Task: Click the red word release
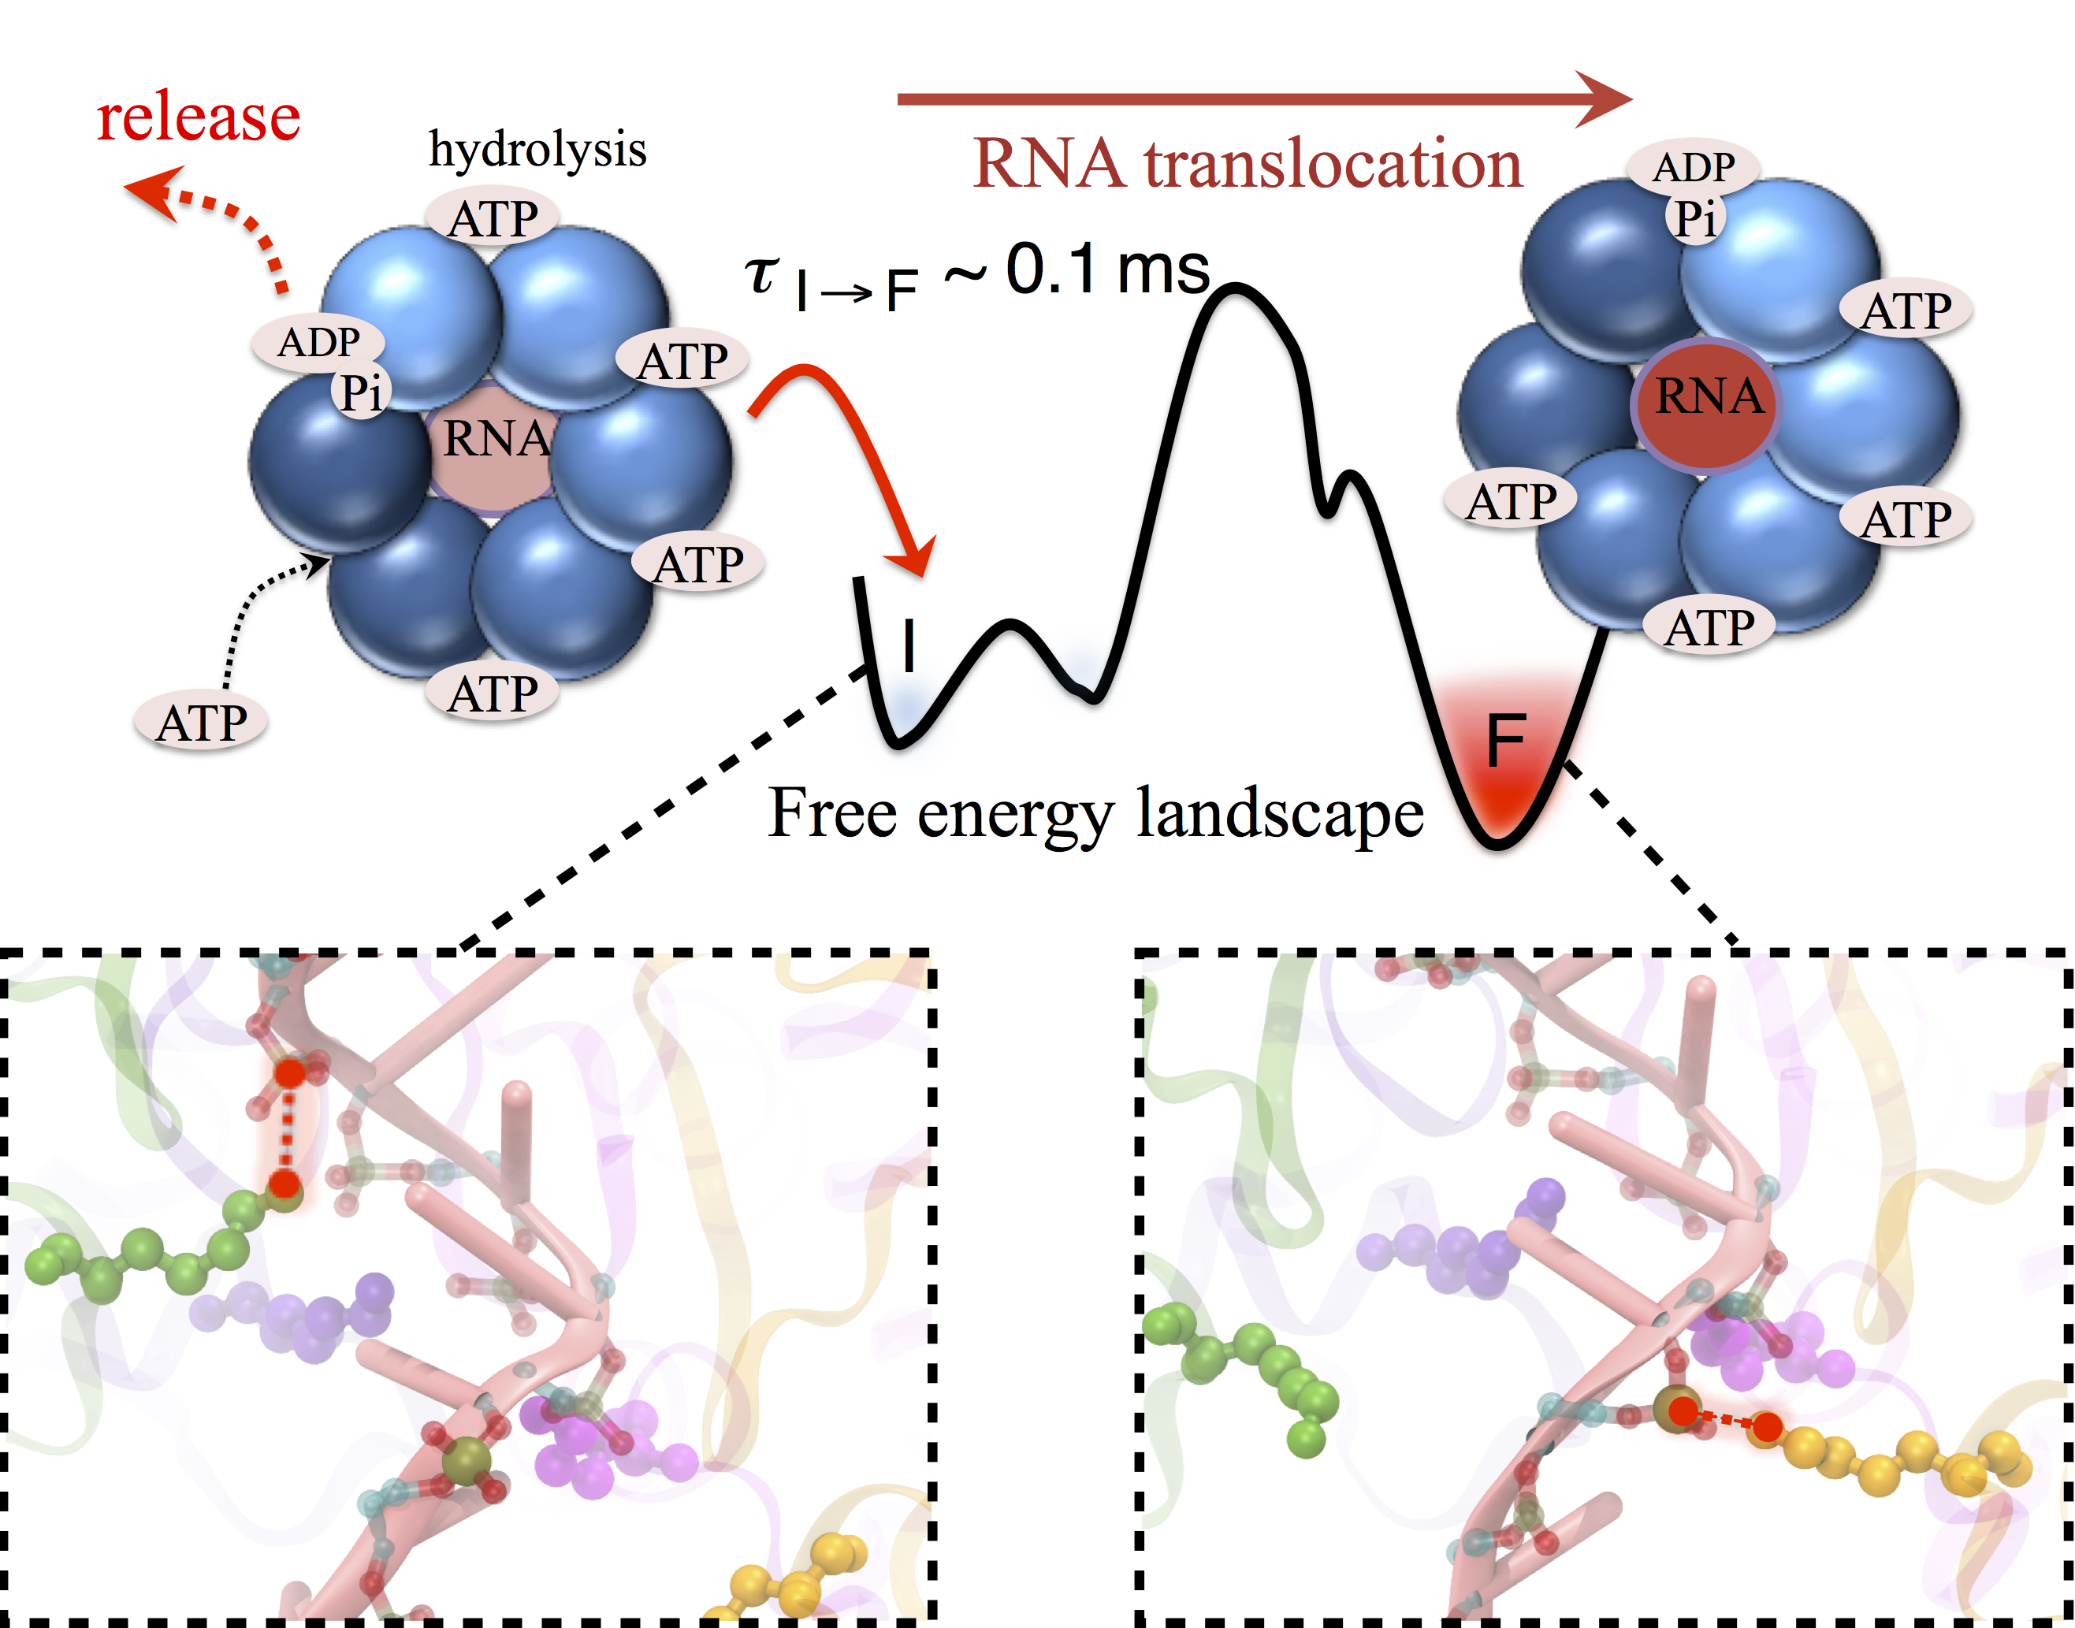pos(199,117)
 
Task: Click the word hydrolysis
pos(537,150)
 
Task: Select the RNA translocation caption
pos(1248,164)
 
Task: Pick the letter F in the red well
pos(1506,741)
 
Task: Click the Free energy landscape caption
pos(1095,813)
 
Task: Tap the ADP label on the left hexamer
pos(318,341)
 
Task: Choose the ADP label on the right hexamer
pos(1693,167)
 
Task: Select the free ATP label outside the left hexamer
pos(201,723)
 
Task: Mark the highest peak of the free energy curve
pos(1234,289)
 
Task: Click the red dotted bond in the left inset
pos(288,1129)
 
